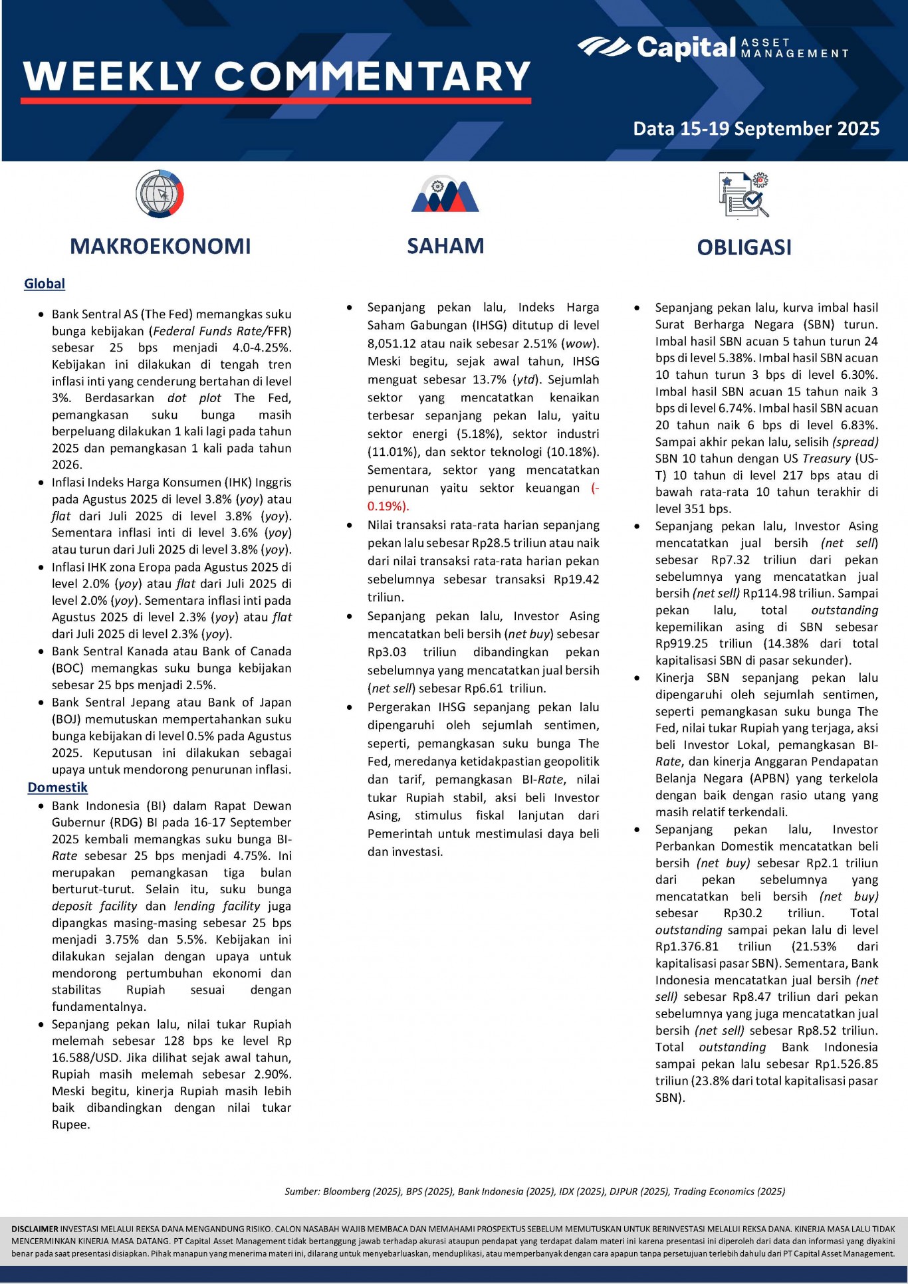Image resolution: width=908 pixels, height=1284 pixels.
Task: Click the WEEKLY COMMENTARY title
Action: [x=277, y=76]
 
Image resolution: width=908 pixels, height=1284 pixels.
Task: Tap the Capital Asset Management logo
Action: [x=713, y=48]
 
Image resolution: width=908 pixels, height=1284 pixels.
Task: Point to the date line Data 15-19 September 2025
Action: [x=756, y=128]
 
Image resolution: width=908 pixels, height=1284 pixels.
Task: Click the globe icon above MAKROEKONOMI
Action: [x=160, y=194]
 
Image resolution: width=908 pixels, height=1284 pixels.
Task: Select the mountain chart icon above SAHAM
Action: [x=445, y=195]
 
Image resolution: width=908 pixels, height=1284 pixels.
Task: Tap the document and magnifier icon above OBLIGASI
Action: [x=744, y=195]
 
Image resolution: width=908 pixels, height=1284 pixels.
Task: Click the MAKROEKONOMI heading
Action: [x=160, y=247]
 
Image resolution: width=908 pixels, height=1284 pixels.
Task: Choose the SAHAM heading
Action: [x=445, y=247]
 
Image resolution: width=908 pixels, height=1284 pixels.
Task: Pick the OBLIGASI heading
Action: [x=744, y=248]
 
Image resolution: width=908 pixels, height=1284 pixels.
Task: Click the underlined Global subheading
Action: [x=45, y=284]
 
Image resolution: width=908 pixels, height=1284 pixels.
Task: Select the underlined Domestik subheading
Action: [x=58, y=788]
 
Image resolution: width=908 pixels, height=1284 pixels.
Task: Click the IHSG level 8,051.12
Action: [x=397, y=344]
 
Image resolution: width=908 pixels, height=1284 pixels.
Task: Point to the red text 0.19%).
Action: [x=388, y=506]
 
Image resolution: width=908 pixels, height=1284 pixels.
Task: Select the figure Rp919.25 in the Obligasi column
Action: [x=681, y=644]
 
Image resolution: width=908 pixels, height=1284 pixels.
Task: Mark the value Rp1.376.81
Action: [x=687, y=946]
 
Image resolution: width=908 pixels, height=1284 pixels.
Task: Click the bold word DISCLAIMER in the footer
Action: [x=35, y=1229]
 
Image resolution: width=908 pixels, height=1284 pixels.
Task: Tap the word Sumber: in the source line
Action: [x=302, y=1192]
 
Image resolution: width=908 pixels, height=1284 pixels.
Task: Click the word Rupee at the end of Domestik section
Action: [x=70, y=1125]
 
